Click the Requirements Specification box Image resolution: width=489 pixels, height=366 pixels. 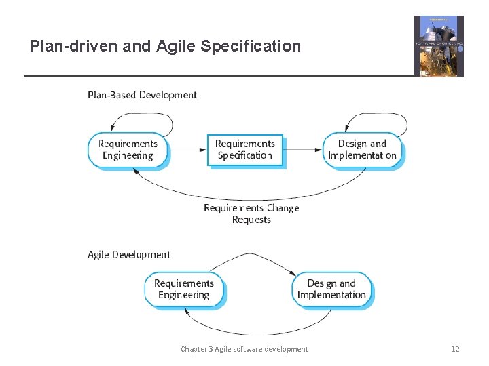pyautogui.click(x=244, y=150)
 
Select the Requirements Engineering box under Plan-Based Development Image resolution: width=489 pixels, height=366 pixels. pyautogui.click(x=128, y=150)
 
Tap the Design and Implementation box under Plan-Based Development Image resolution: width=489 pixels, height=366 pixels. pyautogui.click(x=362, y=150)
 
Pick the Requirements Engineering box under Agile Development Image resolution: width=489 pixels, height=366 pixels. pyautogui.click(x=183, y=289)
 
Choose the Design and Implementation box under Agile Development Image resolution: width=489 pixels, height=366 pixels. pyautogui.click(x=331, y=289)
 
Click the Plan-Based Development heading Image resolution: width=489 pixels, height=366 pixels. pyautogui.click(x=142, y=95)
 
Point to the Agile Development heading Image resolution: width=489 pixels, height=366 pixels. pyautogui.click(x=128, y=255)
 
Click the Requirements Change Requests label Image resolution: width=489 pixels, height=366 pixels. pyautogui.click(x=251, y=213)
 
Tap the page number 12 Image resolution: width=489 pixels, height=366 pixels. pyautogui.click(x=455, y=349)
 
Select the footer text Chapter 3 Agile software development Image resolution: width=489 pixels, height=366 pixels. pyautogui.click(x=244, y=349)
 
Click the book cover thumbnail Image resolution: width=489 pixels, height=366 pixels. pyautogui.click(x=439, y=46)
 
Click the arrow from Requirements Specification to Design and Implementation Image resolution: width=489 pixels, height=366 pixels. pyautogui.click(x=303, y=149)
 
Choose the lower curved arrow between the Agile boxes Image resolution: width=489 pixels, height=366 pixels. pyautogui.click(x=258, y=333)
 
